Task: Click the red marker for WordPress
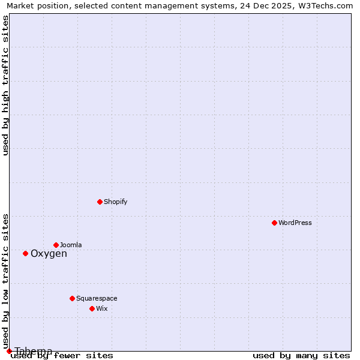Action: pos(274,223)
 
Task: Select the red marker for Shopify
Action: pos(100,202)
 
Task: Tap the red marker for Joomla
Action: pos(56,245)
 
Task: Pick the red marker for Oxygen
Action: pos(25,253)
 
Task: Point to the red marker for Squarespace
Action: pos(72,298)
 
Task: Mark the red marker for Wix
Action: pos(92,308)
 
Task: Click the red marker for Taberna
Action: pos(9,351)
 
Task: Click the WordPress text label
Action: pos(295,223)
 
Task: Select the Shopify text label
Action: pos(116,202)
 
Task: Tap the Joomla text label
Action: pos(71,245)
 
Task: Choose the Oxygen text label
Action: pos(49,253)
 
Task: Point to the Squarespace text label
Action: pos(97,298)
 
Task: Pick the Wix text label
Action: pos(102,308)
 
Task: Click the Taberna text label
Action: pos(34,351)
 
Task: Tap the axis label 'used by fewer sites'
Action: pos(62,356)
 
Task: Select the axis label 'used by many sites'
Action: pos(301,356)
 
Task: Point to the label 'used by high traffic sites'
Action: pos(6,85)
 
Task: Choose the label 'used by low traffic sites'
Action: pos(6,281)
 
